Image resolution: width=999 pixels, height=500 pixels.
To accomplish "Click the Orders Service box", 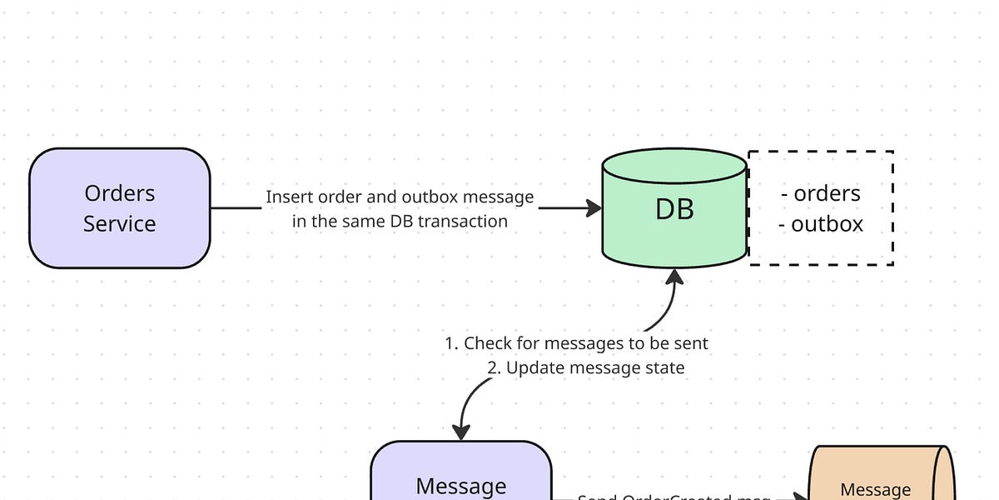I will coord(119,208).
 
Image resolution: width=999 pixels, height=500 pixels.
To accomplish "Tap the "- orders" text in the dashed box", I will coord(821,193).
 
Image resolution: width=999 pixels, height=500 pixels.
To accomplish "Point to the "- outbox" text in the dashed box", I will coord(821,224).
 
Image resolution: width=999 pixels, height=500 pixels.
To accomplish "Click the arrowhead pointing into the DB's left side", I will coord(594,208).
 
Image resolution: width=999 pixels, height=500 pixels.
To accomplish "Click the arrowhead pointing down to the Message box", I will coord(460,432).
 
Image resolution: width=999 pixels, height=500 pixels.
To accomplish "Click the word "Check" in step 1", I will coord(487,343).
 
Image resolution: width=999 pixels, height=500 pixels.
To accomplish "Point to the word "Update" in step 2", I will coord(534,367).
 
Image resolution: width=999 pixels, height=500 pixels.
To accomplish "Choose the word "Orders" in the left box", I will coord(119,193).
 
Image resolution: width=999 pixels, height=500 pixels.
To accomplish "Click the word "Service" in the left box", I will coord(119,224).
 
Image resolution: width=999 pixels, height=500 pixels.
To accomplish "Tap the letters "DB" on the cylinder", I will coord(674,209).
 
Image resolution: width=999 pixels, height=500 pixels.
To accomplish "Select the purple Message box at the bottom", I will coord(460,475).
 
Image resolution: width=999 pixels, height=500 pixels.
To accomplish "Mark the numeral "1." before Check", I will coord(452,343).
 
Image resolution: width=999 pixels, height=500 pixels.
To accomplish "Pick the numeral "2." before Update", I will coord(495,367).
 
